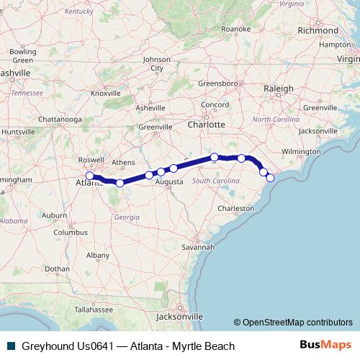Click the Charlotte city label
click(x=206, y=124)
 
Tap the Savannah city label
click(x=198, y=247)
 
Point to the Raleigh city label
click(x=279, y=89)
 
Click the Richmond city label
click(x=318, y=32)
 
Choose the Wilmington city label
click(x=301, y=152)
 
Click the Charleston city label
click(x=237, y=208)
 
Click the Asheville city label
click(x=150, y=107)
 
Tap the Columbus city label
click(x=70, y=233)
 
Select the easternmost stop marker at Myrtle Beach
click(x=270, y=178)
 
